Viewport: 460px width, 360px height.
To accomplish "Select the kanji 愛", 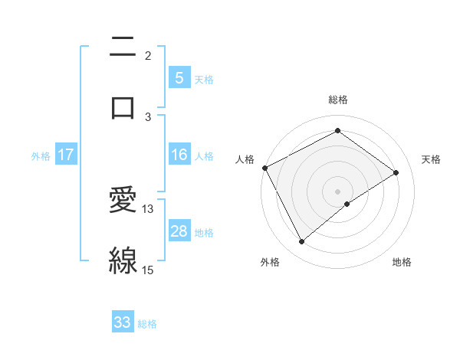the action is pyautogui.click(x=123, y=200).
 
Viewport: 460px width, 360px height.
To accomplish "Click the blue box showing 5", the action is pyautogui.click(x=179, y=78).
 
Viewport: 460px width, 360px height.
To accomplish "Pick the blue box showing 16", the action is pyautogui.click(x=179, y=155).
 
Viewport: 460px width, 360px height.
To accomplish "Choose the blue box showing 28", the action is pyautogui.click(x=179, y=231).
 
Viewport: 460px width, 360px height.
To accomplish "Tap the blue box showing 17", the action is pyautogui.click(x=66, y=155).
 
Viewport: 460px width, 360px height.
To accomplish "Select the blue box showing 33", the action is pyautogui.click(x=123, y=322).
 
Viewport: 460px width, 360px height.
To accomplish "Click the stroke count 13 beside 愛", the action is pyautogui.click(x=148, y=208).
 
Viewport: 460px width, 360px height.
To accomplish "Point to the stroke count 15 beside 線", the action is pyautogui.click(x=148, y=270).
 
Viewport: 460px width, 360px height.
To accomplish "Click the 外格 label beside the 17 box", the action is pyautogui.click(x=41, y=156).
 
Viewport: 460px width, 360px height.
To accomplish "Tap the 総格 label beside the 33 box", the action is pyautogui.click(x=147, y=324).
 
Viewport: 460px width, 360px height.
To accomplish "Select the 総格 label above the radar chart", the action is pyautogui.click(x=338, y=100).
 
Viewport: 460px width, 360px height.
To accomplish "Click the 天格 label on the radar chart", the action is pyautogui.click(x=431, y=159).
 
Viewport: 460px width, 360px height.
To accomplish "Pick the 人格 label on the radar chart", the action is pyautogui.click(x=245, y=159).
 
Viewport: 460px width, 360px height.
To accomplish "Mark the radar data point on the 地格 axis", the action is pyautogui.click(x=347, y=204).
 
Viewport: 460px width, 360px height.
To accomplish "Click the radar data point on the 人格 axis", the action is pyautogui.click(x=264, y=168).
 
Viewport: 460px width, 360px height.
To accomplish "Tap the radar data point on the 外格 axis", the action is pyautogui.click(x=302, y=242).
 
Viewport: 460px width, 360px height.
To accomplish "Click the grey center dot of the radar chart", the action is pyautogui.click(x=338, y=191).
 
